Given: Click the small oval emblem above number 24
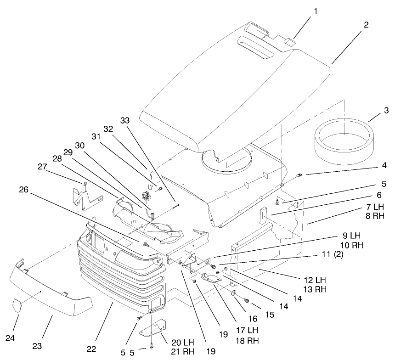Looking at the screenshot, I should click(x=17, y=305).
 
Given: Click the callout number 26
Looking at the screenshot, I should click(x=26, y=190).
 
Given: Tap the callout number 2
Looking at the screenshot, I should click(x=366, y=25).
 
